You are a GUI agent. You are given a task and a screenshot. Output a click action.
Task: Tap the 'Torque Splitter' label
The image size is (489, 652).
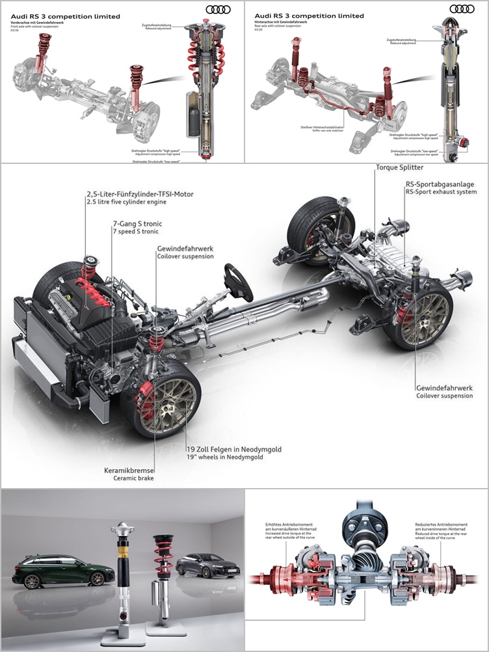pos(399,167)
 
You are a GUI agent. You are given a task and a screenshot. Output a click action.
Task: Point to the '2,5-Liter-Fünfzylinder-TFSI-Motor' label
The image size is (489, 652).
pos(140,194)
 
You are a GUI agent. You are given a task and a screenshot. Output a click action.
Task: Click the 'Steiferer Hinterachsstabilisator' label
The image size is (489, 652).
pos(319,127)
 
